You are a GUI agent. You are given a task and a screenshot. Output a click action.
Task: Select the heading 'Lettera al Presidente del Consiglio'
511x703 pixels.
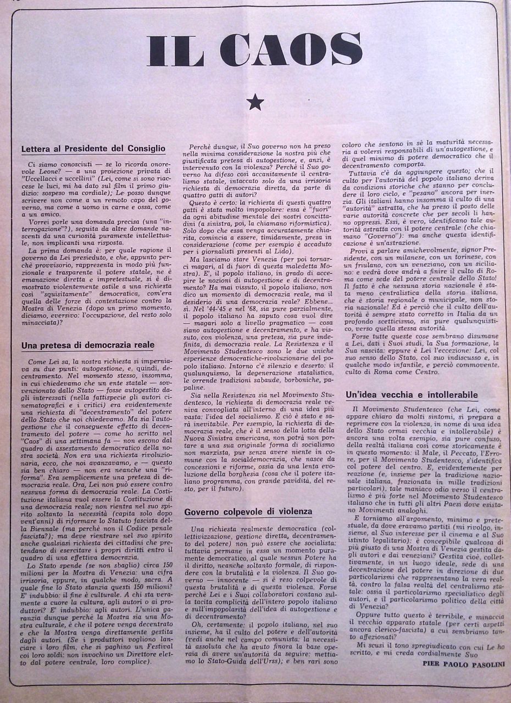pos(93,148)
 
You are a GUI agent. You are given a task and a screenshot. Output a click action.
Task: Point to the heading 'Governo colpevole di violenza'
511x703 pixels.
pos(248,512)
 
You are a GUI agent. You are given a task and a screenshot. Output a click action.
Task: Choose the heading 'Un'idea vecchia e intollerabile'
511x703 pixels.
pos(412,395)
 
